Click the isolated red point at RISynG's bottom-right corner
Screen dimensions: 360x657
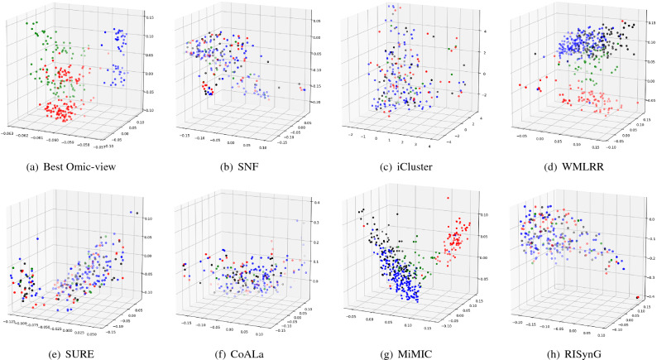[635, 296]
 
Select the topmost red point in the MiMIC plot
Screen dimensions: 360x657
[447, 199]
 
